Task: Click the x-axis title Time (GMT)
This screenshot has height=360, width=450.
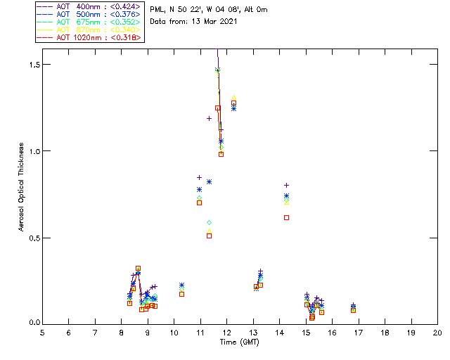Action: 238,342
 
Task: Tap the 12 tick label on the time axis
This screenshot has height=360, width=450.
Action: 226,332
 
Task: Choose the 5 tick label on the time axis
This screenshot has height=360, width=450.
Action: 42,332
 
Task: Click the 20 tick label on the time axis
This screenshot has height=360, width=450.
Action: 437,332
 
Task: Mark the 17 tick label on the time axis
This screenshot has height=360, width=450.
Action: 359,332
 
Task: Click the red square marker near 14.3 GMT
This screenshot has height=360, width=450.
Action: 286,217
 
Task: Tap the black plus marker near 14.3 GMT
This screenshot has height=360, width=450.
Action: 286,185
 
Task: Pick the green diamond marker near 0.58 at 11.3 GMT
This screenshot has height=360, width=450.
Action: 210,222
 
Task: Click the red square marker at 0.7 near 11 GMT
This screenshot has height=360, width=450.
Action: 199,202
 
